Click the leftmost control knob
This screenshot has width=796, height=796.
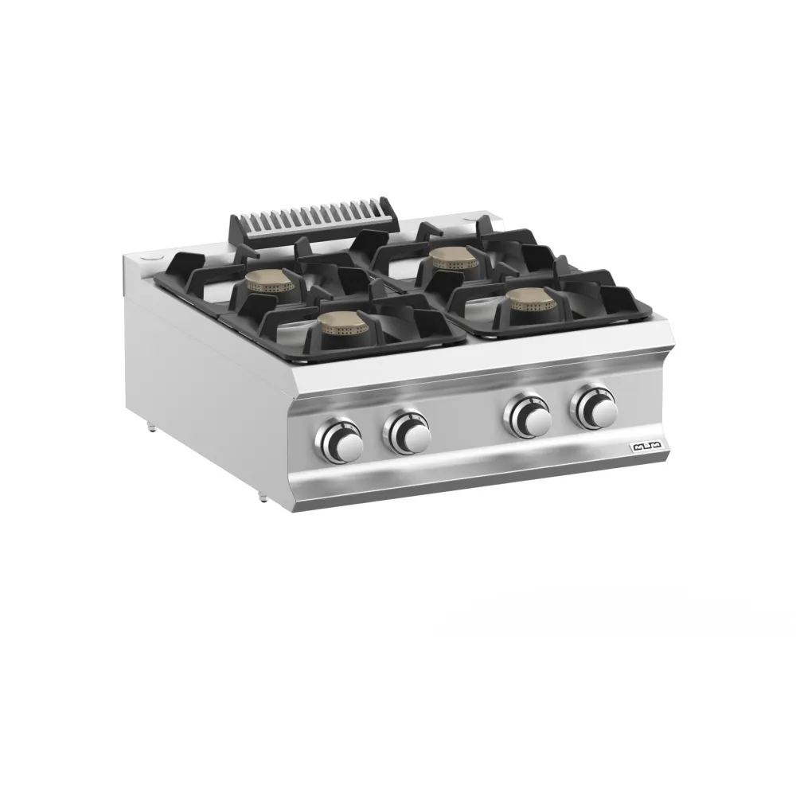pyautogui.click(x=341, y=442)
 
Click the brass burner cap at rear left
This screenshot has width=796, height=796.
pyautogui.click(x=270, y=281)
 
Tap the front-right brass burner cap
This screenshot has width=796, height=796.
pyautogui.click(x=531, y=298)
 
